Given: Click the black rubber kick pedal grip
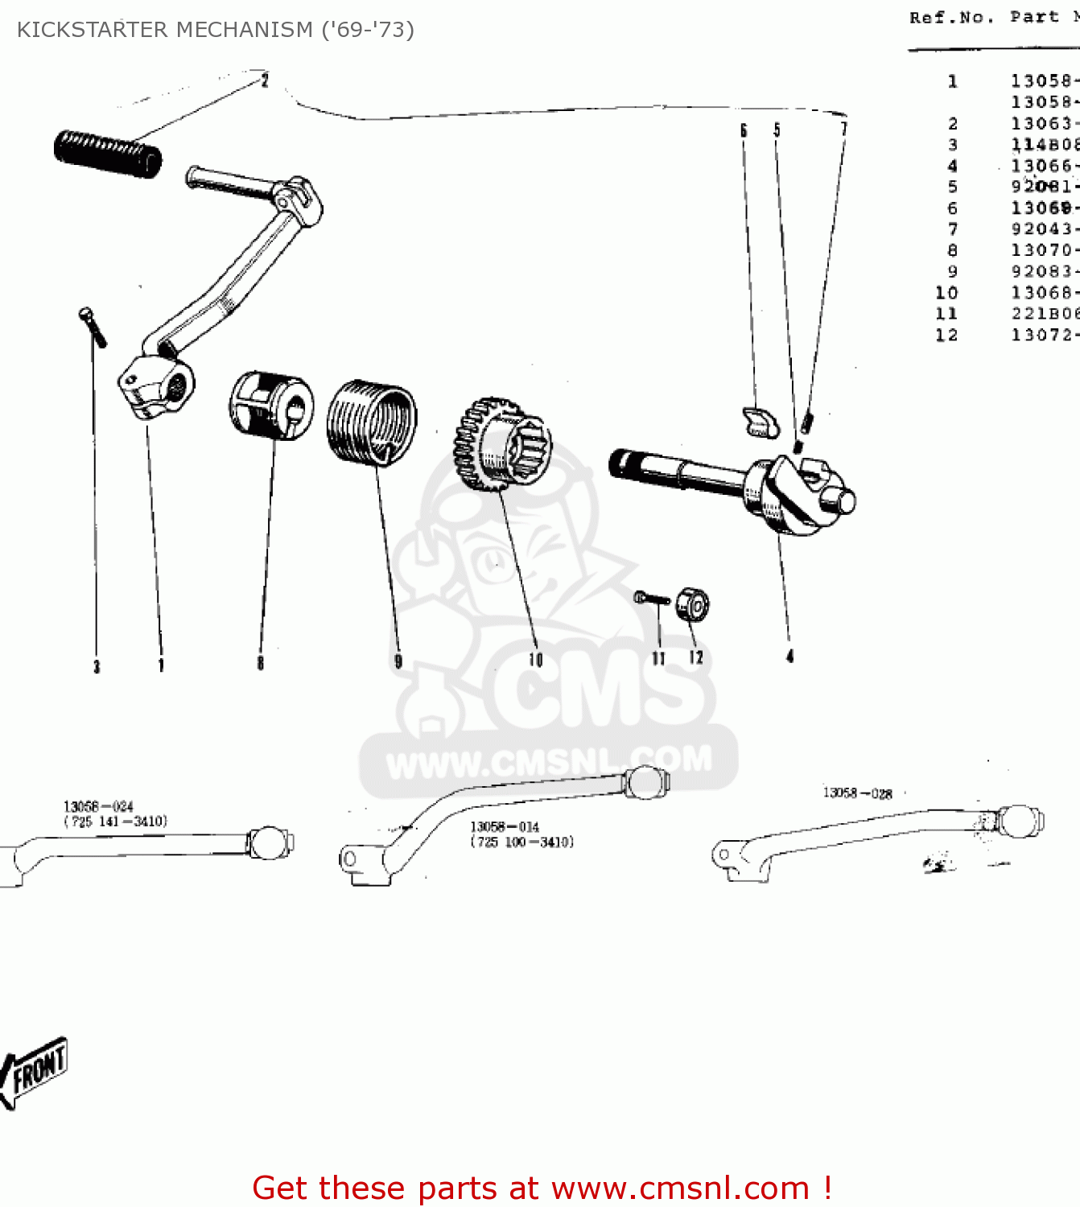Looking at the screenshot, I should (108, 154).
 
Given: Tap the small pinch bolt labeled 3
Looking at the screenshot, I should (93, 327).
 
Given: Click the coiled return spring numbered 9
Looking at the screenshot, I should (372, 422).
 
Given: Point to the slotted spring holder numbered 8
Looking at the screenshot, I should (271, 405).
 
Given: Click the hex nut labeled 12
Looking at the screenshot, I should (692, 604).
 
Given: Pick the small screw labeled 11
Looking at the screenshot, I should (652, 599).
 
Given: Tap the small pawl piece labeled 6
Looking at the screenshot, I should (759, 422).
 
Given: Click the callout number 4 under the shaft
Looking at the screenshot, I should (789, 657).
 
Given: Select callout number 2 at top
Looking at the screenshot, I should (265, 80).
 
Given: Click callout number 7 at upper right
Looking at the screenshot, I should (843, 129).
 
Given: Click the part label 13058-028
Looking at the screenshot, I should (857, 793).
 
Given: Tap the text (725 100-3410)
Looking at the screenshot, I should (522, 842).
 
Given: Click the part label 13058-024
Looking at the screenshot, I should (98, 806).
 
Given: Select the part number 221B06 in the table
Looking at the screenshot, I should (1044, 314).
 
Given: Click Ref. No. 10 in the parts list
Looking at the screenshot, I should (946, 293).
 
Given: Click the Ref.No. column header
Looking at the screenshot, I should (950, 18).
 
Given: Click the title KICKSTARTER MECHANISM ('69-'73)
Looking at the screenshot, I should (216, 30).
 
